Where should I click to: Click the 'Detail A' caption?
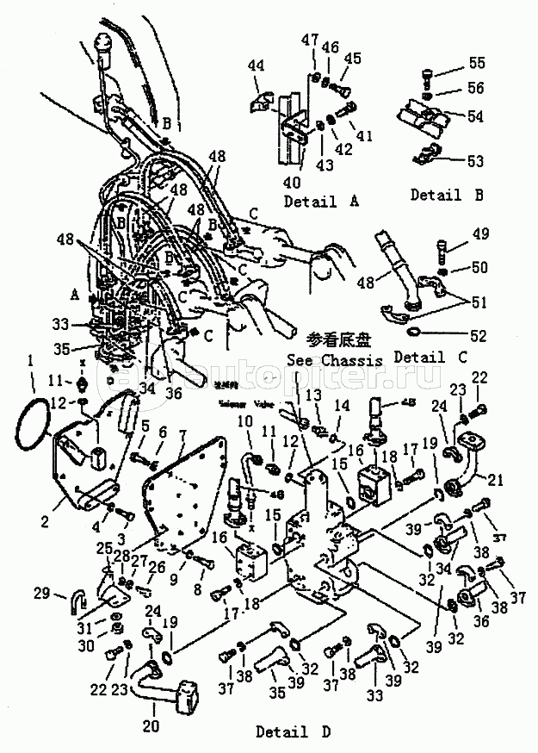coord(310,202)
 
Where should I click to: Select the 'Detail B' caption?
coord(446,195)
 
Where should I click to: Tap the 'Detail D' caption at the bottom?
coord(294,731)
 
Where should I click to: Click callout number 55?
coord(476,63)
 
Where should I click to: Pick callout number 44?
coord(256,66)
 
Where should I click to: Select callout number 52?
coord(475,334)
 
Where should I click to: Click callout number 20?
coord(152,725)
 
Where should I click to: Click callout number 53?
coord(474,161)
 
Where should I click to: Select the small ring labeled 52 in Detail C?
coord(414,332)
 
